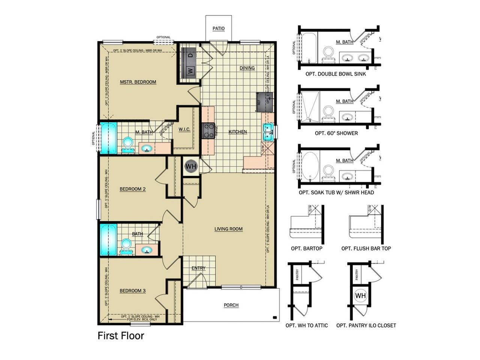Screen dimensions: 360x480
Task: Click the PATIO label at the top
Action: [218, 28]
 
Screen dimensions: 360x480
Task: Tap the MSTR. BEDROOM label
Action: [138, 82]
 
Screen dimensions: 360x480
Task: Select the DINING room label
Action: [247, 68]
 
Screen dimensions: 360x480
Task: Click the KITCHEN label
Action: [238, 132]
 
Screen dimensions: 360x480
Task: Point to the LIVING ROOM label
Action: [228, 229]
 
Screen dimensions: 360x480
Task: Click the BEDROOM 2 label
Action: [132, 189]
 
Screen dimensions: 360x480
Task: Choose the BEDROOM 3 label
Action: [132, 291]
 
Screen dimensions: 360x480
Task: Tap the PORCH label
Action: [231, 305]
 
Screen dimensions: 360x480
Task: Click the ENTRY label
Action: [198, 268]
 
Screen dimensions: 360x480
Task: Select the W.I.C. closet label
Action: [184, 129]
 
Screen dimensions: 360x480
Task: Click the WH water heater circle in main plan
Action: [191, 166]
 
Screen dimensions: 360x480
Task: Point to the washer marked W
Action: [190, 70]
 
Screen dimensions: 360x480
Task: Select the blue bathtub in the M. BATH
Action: [108, 138]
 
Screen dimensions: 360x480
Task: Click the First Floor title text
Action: [121, 336]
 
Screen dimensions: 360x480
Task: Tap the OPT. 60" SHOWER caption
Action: [336, 133]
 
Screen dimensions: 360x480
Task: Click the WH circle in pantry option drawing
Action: [360, 295]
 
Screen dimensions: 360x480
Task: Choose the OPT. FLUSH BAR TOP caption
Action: [366, 248]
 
